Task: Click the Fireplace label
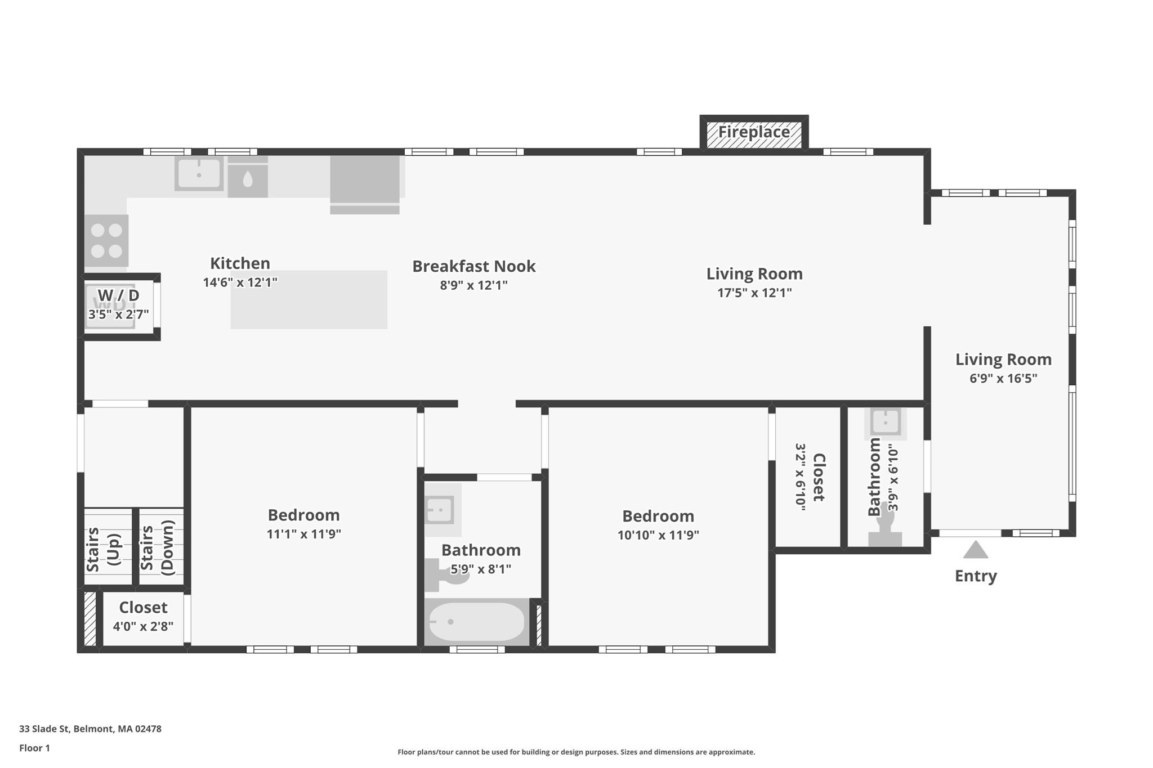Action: [x=753, y=132]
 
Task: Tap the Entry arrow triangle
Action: [x=975, y=550]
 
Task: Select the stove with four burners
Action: [x=106, y=240]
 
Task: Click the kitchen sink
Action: [x=199, y=173]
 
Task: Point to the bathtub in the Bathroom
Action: [x=476, y=622]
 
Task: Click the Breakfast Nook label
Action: [x=473, y=266]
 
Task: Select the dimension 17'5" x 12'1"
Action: [x=754, y=293]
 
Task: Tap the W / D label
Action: [x=118, y=295]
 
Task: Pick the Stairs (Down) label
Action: [x=157, y=547]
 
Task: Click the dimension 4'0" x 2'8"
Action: [x=143, y=626]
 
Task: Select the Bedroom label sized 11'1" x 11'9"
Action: [x=303, y=515]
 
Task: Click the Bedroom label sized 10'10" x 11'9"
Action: [x=658, y=516]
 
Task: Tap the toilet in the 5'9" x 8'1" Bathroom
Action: [x=445, y=574]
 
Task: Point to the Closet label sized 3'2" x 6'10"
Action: [x=818, y=477]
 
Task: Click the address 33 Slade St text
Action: [x=90, y=729]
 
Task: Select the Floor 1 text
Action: [x=34, y=748]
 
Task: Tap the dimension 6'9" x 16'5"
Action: [x=1003, y=378]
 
